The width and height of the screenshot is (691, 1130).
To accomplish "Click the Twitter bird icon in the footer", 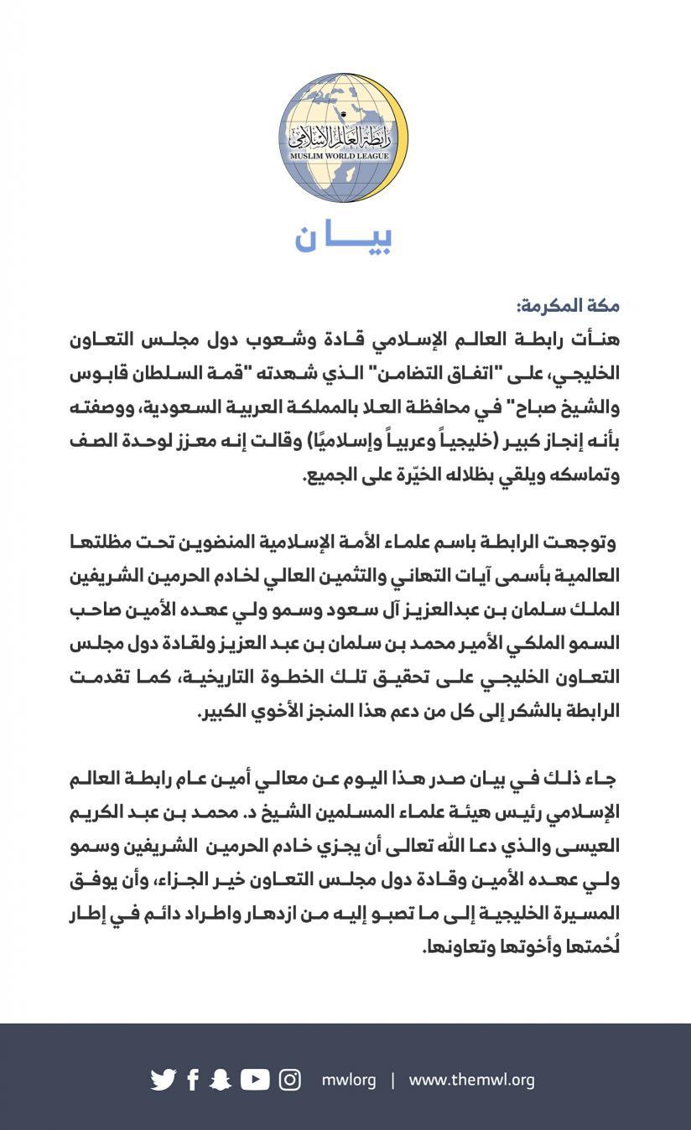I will (x=164, y=1080).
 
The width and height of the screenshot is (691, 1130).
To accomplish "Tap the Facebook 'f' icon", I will (x=193, y=1080).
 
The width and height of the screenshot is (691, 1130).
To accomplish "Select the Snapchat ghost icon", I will (x=221, y=1080).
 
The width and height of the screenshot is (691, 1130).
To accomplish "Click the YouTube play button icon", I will (x=255, y=1080).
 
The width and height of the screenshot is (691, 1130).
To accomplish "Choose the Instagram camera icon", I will (x=290, y=1080).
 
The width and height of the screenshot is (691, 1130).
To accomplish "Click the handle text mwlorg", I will (x=349, y=1080).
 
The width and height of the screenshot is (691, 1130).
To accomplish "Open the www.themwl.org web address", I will (x=471, y=1080).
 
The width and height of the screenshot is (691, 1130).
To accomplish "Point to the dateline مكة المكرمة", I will (x=567, y=306).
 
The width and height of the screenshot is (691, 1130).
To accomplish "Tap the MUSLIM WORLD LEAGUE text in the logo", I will (x=343, y=156).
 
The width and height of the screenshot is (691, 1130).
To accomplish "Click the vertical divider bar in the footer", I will (x=392, y=1080).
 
